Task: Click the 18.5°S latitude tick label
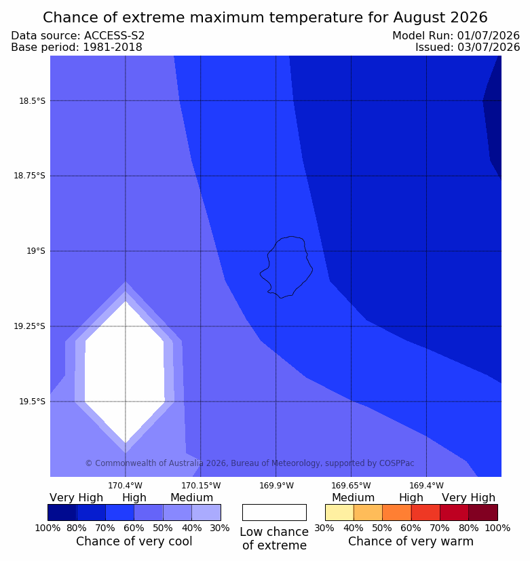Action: coord(32,101)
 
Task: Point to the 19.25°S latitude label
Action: coord(30,326)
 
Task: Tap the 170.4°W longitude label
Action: coord(126,486)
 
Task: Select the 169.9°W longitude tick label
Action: coord(276,486)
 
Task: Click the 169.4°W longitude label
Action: coord(426,486)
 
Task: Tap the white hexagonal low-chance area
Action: coord(125,372)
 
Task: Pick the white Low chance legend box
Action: coord(274,512)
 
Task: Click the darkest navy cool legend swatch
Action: coord(62,512)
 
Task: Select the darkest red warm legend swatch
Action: coord(483,512)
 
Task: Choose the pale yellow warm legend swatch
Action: coord(339,512)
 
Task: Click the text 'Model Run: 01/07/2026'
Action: coord(456,35)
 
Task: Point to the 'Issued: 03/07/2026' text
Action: coord(468,47)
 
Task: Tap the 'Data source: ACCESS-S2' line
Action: coord(77,35)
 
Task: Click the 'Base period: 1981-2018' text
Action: coord(77,47)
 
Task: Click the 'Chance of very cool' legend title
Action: coord(134,541)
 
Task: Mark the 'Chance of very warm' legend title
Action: coord(411,541)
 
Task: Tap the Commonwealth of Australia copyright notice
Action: coord(250,463)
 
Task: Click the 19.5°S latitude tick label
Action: coord(32,402)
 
